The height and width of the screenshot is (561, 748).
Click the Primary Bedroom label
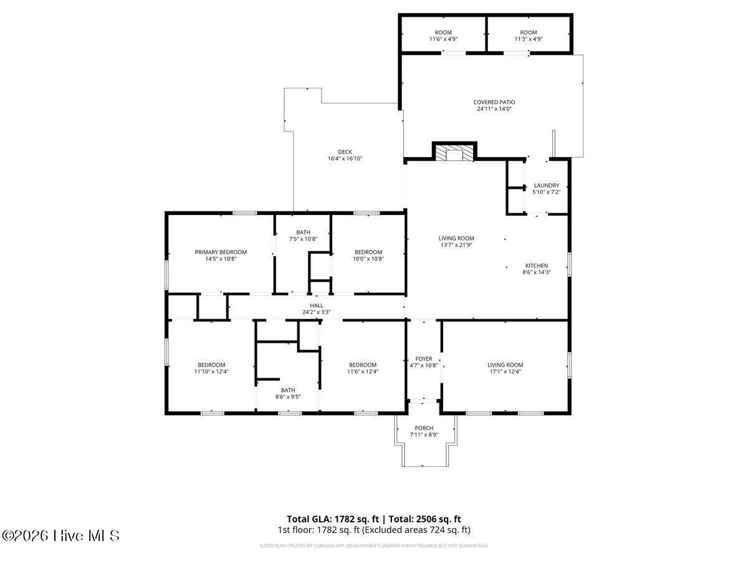[221, 252]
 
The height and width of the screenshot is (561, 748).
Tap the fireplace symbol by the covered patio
[454, 153]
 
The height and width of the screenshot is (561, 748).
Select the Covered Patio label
[494, 102]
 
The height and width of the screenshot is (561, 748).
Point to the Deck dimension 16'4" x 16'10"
[345, 159]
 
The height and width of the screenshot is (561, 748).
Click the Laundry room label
[546, 186]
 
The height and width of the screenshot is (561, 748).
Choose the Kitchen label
[536, 266]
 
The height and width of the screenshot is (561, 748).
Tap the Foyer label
[424, 359]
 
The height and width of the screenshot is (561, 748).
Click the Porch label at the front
[424, 428]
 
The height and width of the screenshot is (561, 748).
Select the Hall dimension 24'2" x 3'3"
[317, 312]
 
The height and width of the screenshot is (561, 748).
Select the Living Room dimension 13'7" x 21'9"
[456, 245]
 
